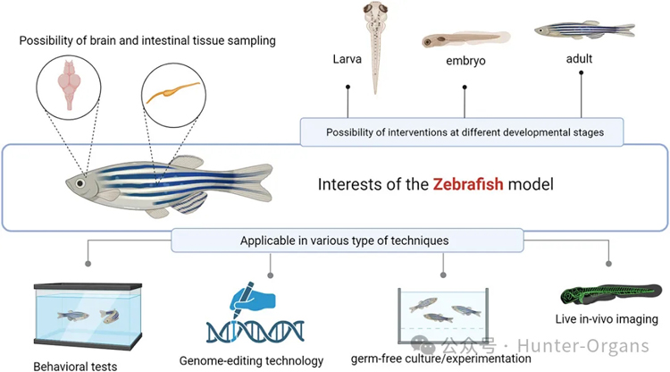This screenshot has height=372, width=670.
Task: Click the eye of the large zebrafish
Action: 82,182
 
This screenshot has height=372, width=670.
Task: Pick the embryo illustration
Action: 465,40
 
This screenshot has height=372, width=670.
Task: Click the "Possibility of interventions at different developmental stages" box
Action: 465,131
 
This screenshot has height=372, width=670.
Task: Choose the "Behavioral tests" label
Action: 75,365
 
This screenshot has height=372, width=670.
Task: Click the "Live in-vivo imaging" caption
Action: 605,318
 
